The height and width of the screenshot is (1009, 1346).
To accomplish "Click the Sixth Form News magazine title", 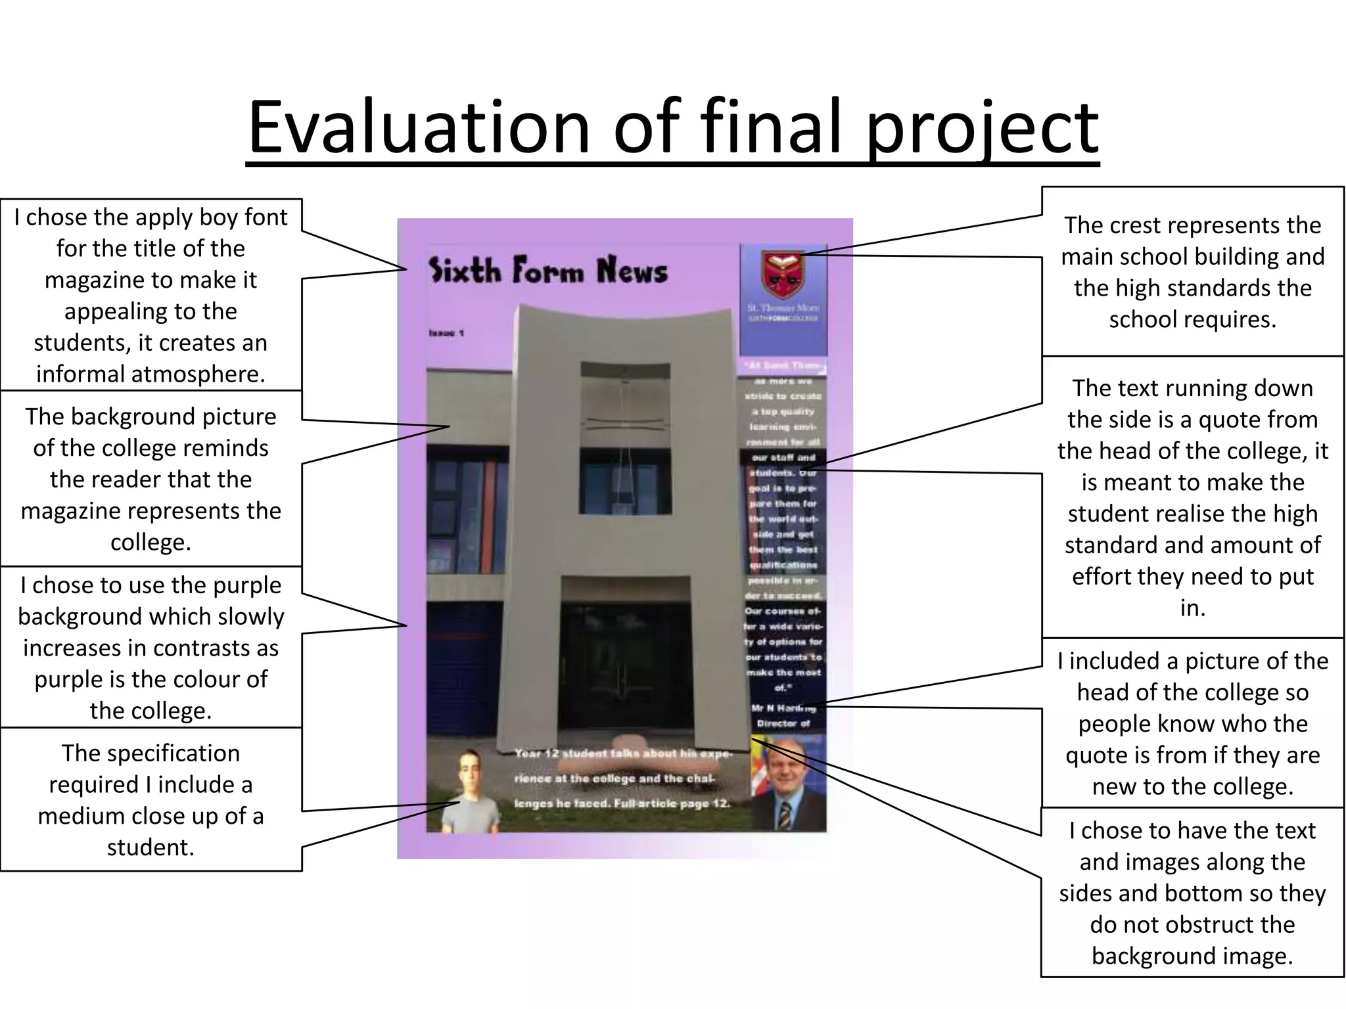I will [x=547, y=270].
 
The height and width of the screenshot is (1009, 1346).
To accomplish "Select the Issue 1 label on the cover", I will [x=446, y=333].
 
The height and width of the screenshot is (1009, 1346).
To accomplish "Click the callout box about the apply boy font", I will [x=151, y=295].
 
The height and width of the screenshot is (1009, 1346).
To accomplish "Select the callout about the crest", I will [x=1192, y=272].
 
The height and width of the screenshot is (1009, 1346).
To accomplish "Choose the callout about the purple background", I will [x=151, y=647].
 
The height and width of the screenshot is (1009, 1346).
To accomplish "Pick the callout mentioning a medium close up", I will [x=151, y=799].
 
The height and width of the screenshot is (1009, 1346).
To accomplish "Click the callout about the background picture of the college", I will [x=151, y=479].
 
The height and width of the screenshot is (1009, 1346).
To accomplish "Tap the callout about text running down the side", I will [x=1192, y=497].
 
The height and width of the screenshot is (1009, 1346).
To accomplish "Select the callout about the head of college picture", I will [x=1192, y=723].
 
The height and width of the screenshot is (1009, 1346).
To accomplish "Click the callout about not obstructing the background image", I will [x=1192, y=893].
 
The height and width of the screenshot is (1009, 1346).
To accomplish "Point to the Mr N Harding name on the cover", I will [x=783, y=708].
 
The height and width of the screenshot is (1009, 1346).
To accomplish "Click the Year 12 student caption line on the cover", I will [x=622, y=753].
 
